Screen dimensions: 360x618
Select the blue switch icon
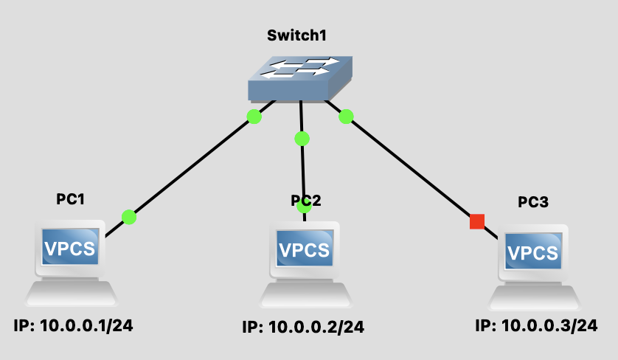[301, 78]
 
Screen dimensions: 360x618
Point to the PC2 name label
[306, 200]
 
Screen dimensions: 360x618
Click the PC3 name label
[532, 201]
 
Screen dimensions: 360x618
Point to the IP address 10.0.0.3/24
[536, 325]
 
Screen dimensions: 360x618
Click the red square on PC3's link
[477, 221]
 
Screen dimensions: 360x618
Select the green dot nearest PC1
[129, 217]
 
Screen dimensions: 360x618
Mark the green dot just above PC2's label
[304, 207]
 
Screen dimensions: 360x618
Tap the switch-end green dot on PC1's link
[254, 117]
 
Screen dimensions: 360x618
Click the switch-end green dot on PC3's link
[346, 116]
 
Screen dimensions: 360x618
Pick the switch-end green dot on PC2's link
[302, 139]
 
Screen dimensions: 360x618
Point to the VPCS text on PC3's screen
[533, 252]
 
